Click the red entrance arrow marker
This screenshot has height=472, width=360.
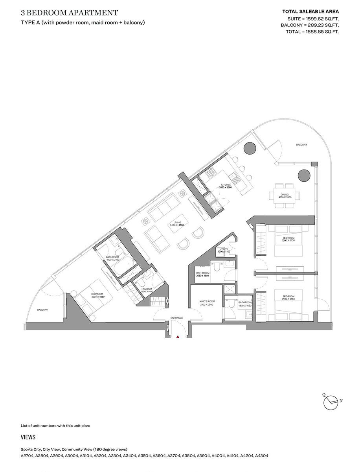178,337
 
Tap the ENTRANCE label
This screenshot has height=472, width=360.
177,317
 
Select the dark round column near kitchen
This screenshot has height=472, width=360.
250,148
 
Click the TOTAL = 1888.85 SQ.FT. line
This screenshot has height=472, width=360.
312,31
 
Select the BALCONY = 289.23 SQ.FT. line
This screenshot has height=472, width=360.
309,25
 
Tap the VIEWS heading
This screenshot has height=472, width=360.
28,437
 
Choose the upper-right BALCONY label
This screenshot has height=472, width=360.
302,145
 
